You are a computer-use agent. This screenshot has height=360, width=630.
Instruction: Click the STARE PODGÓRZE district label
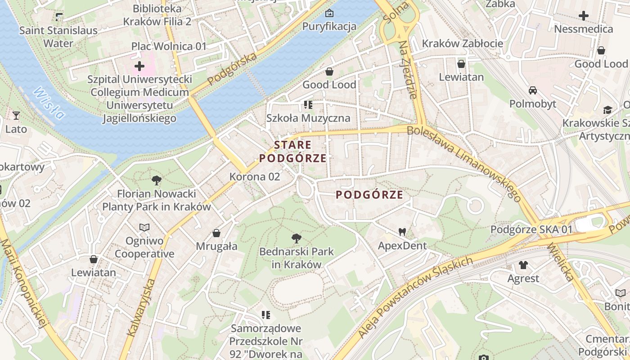pos(292,152)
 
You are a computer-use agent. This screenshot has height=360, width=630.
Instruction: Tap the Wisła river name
pos(49,103)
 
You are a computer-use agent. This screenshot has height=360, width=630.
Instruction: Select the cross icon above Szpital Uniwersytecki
pos(139,67)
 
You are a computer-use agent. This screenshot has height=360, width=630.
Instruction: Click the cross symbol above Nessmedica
pos(584,16)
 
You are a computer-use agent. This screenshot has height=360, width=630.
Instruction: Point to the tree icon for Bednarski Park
pos(296,238)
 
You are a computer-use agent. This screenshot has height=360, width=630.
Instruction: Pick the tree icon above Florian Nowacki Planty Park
pos(157,181)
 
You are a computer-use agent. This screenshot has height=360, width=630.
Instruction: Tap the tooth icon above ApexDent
pos(402,232)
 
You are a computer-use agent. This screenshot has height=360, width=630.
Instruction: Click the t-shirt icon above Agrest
pos(523,265)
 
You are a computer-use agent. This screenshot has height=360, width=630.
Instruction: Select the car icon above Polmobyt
pos(533,90)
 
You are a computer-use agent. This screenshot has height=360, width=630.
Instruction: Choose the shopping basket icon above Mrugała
pos(216,233)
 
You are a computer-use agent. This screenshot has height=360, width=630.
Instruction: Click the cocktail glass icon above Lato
pos(16,116)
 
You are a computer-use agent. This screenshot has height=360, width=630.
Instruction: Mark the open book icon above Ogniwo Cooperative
pos(144,228)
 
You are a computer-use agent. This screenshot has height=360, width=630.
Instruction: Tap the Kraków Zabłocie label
pos(462,44)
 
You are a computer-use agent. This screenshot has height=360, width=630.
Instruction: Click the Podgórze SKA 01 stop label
pos(531,229)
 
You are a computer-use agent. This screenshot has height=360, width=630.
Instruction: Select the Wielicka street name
pos(561,262)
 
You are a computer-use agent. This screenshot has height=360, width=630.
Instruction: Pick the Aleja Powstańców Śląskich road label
pos(416,297)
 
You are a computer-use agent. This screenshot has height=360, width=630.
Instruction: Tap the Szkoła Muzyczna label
pos(308,118)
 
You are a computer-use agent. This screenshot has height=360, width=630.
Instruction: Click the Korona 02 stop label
pos(255,177)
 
